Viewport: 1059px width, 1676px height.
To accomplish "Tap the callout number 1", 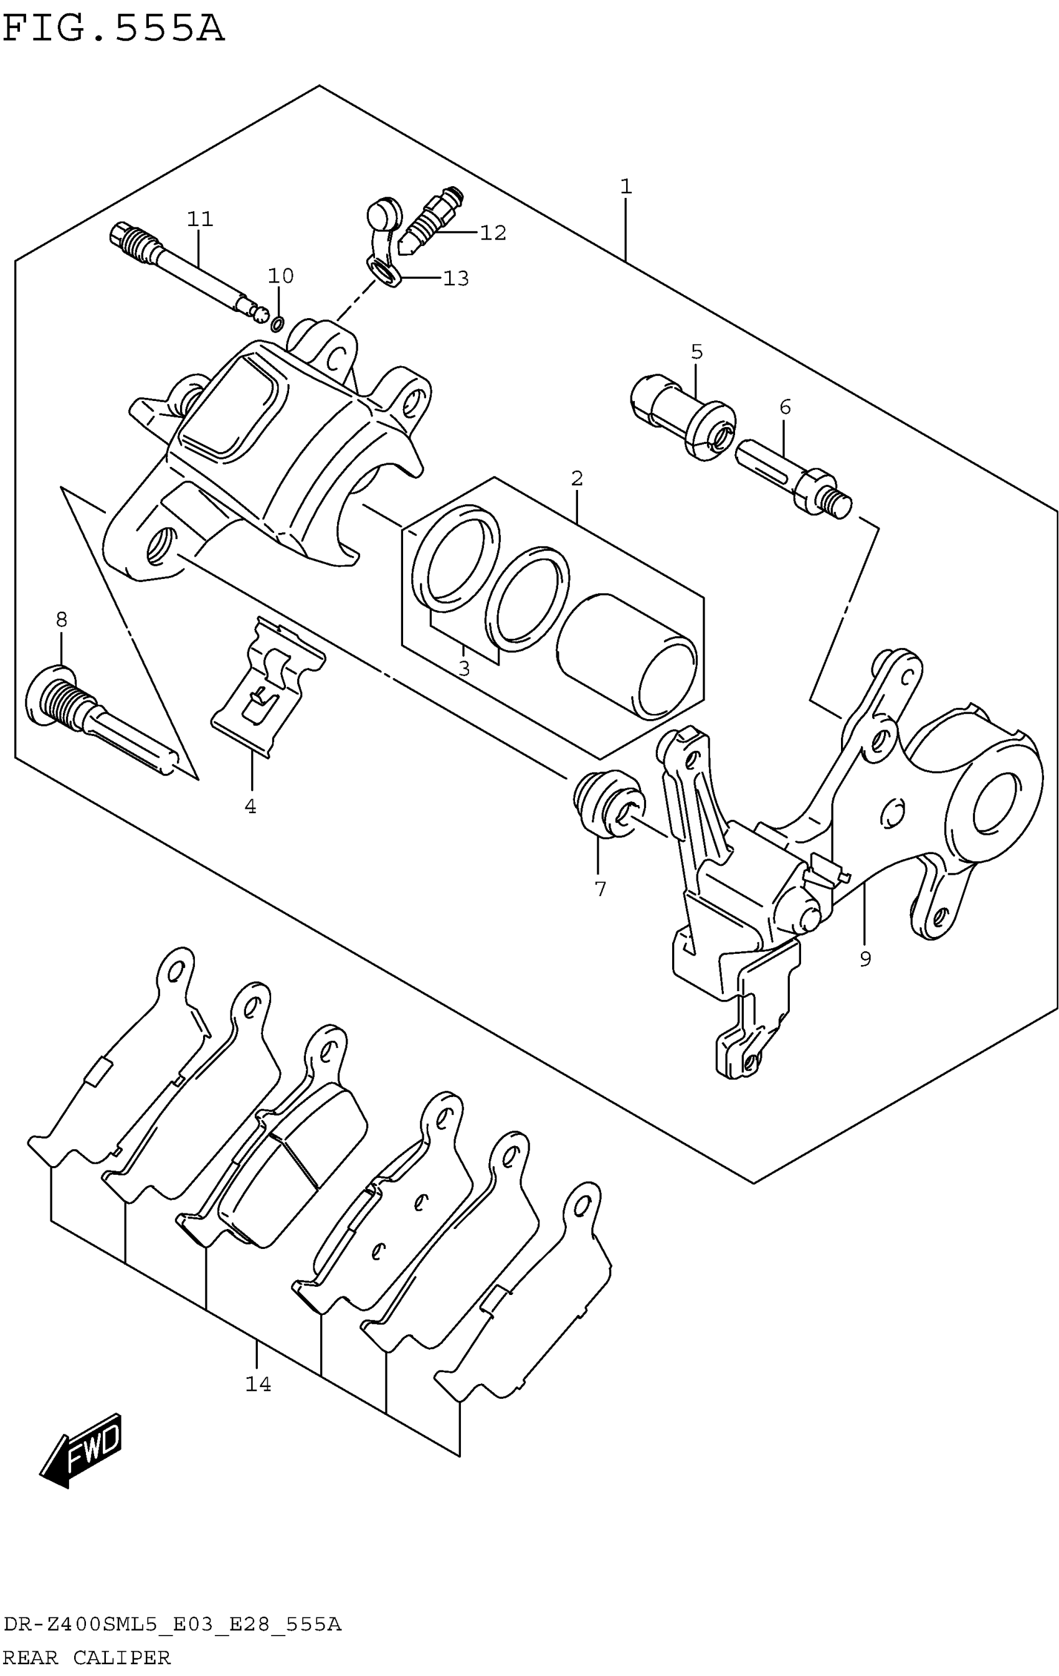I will (x=625, y=187).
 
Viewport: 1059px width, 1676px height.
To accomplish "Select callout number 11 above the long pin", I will (x=199, y=219).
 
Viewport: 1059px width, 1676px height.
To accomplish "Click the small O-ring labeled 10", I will (x=277, y=322).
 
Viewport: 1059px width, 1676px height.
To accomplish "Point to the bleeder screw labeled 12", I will (x=432, y=217).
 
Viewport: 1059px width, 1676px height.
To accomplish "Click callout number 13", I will (x=456, y=278).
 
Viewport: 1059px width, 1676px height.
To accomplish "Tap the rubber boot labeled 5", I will (x=682, y=415).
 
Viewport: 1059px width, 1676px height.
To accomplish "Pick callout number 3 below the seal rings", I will (x=463, y=669).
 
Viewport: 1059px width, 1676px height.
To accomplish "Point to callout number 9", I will (x=865, y=959).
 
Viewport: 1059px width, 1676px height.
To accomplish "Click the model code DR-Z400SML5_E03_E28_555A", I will (x=172, y=1625).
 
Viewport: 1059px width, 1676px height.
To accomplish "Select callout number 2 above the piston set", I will (x=576, y=479).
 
